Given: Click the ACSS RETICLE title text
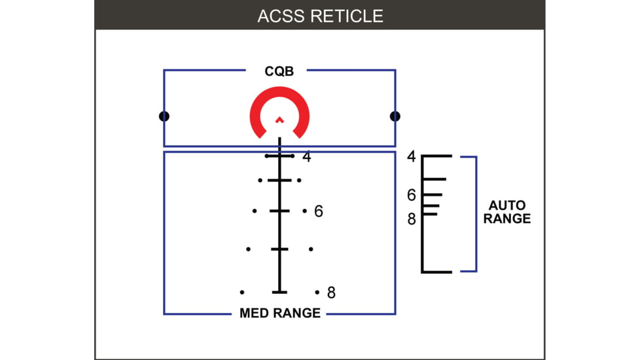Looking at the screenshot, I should point(320,16).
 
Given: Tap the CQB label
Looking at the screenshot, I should point(279,71).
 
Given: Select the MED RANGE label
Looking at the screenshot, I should point(280,313).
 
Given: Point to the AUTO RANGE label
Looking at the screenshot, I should point(507,212).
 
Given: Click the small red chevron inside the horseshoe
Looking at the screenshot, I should point(279,120).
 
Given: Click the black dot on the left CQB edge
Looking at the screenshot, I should point(164,117).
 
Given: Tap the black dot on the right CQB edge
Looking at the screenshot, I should point(395,117).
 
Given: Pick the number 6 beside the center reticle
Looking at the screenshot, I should point(319,211).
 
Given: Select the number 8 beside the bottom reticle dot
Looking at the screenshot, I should point(331,293).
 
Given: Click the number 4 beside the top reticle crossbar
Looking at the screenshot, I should point(306,157).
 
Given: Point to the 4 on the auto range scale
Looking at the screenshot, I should point(411,157).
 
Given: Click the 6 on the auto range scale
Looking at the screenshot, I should point(411,195).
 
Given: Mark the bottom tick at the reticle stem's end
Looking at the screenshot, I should point(279,292).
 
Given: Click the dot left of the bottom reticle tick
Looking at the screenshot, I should point(242,292).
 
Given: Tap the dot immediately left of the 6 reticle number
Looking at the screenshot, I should point(304,211).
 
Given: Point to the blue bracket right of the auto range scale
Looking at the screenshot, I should point(476,214).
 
